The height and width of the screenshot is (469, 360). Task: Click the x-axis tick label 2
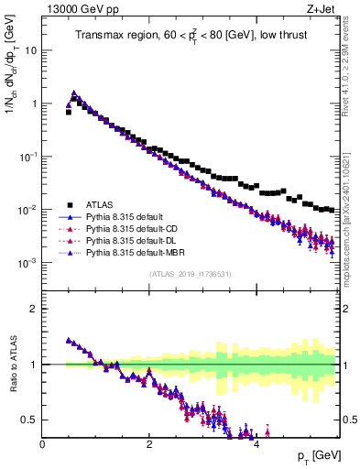click(149, 444)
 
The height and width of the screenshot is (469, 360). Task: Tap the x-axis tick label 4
click(256, 444)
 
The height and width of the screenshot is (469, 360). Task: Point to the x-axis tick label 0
click(42, 444)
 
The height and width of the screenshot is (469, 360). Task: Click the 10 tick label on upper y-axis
click(31, 50)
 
